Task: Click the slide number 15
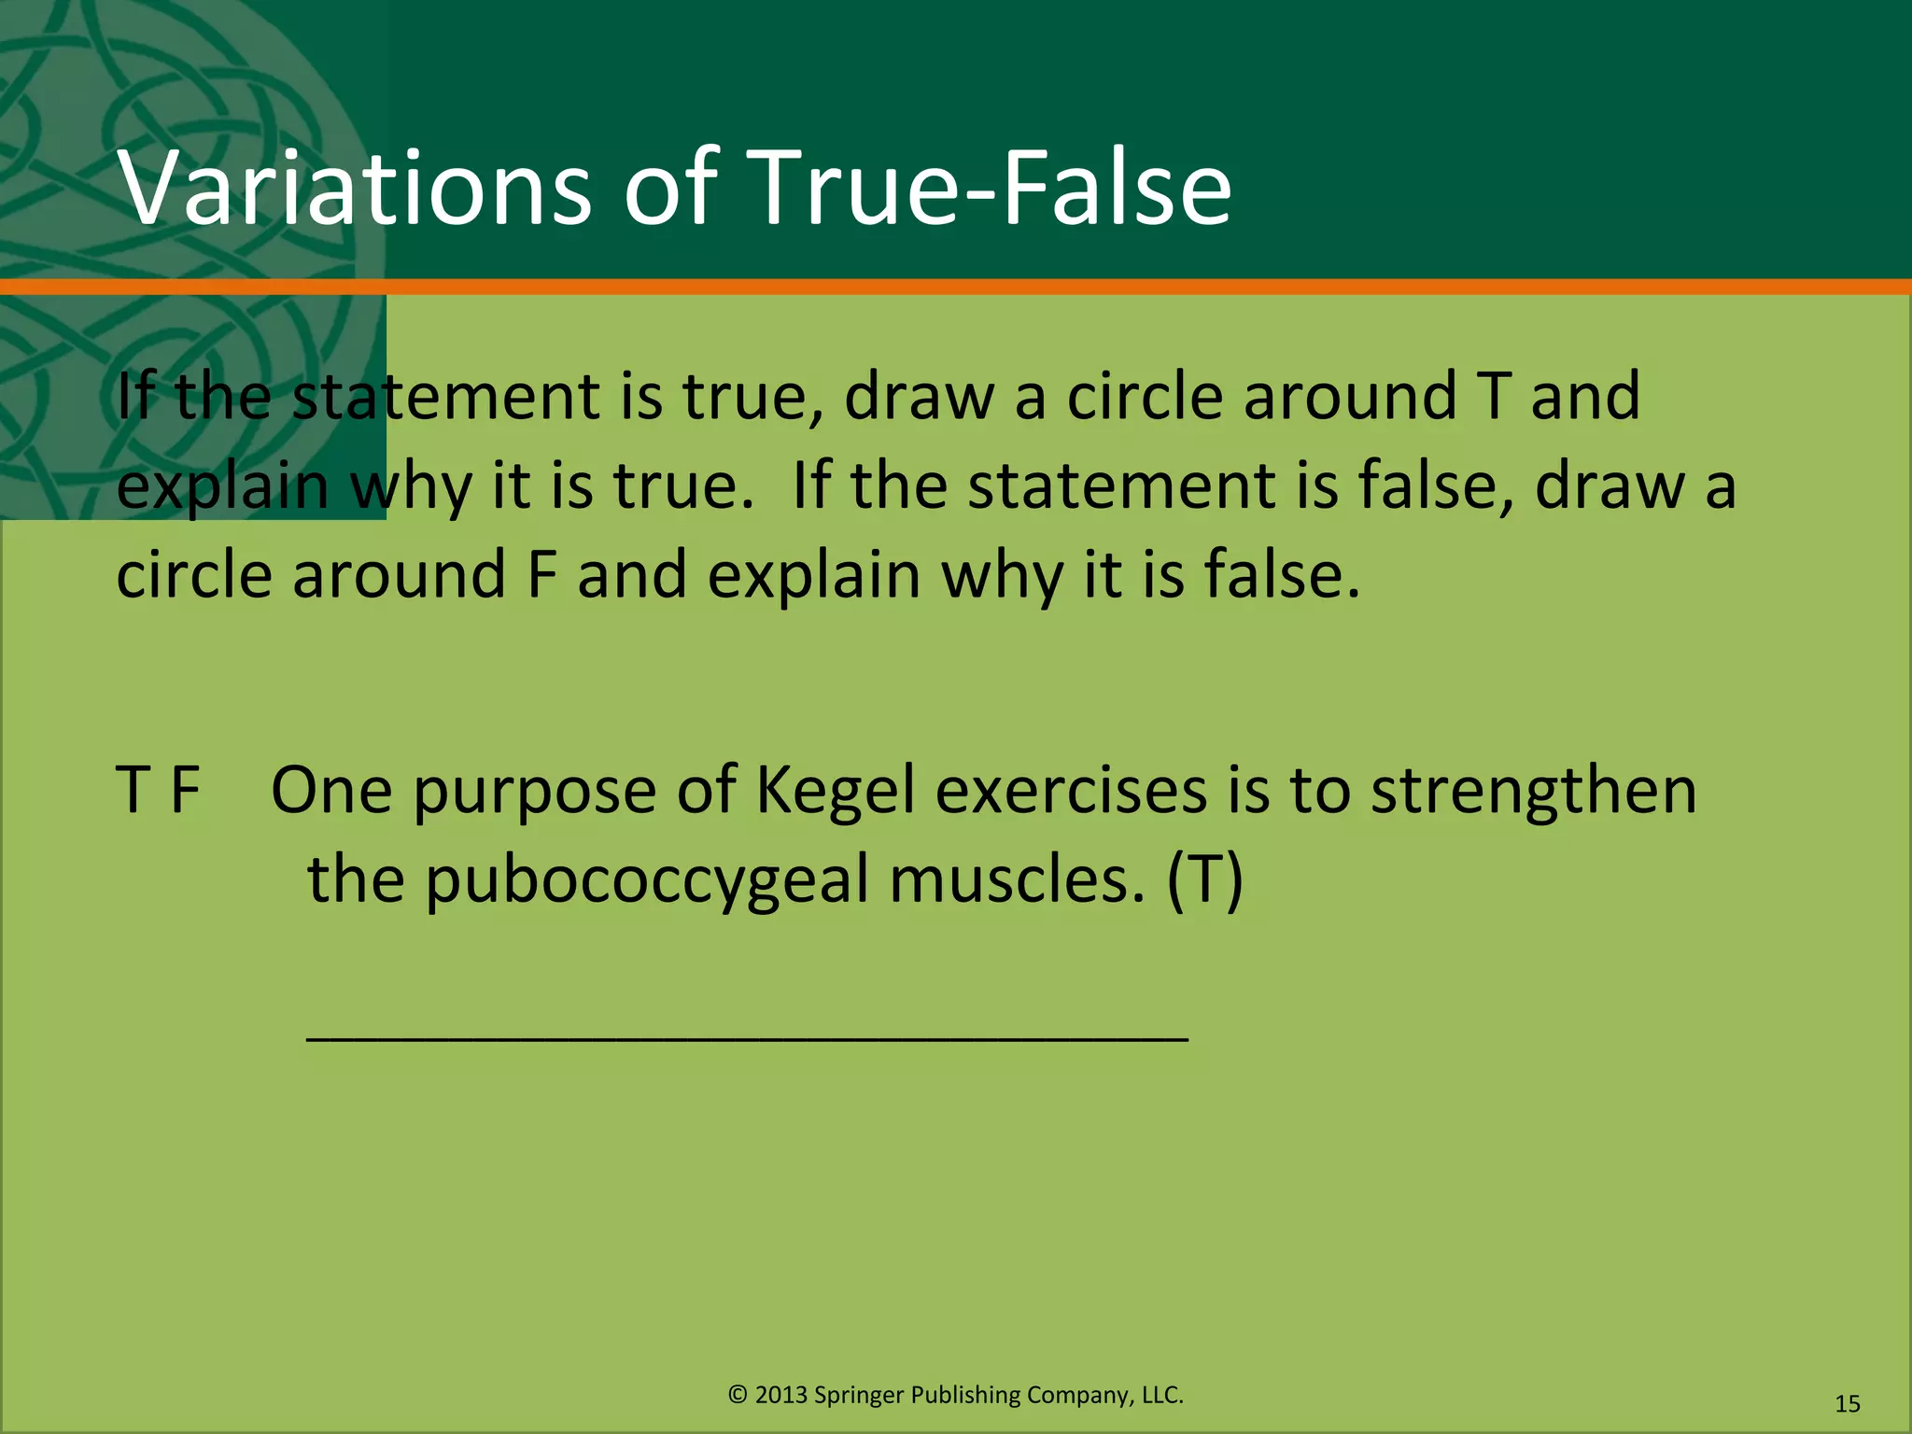click(x=1847, y=1403)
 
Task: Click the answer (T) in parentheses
click(x=1204, y=880)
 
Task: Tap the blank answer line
click(x=747, y=1037)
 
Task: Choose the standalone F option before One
click(x=185, y=791)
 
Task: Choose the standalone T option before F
click(x=134, y=791)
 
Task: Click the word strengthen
click(x=1533, y=791)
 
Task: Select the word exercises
click(x=1071, y=791)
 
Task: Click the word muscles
click(x=1017, y=880)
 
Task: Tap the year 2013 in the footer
click(x=781, y=1395)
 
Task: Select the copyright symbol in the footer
click(x=738, y=1395)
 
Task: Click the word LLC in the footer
click(x=1161, y=1395)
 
